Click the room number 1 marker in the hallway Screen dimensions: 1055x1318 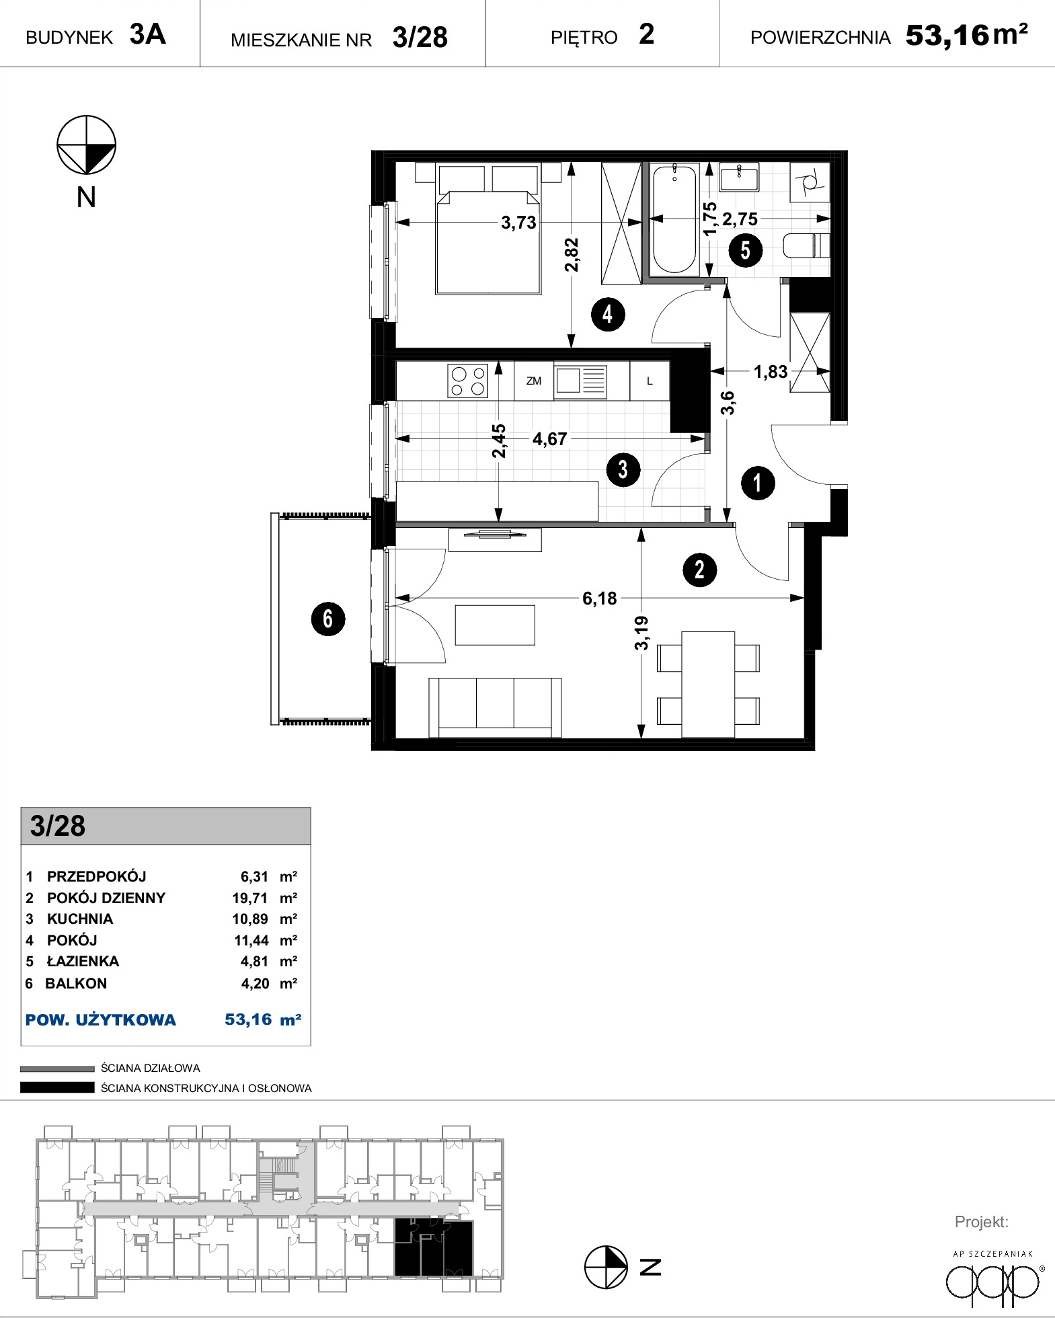coord(758,483)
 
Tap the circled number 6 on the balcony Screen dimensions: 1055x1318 coord(328,619)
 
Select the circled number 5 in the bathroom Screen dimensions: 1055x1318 coord(746,250)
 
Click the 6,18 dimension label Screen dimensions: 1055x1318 coord(600,598)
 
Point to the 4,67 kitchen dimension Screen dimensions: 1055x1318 coord(550,439)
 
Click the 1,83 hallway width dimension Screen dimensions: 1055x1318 coord(771,372)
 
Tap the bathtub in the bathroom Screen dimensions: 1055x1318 coord(675,219)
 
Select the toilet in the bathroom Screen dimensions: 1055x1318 coord(806,245)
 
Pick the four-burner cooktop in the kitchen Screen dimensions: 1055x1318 coord(468,381)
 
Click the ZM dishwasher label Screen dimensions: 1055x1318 coord(534,381)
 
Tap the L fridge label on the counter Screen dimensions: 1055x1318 coord(650,381)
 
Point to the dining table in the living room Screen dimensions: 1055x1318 coord(708,685)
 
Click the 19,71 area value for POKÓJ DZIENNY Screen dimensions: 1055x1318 coord(250,898)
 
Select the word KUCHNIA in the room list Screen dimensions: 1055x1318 coord(80,919)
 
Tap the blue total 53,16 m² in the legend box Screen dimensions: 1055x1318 coord(263,1019)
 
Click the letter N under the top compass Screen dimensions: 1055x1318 coord(86,197)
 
